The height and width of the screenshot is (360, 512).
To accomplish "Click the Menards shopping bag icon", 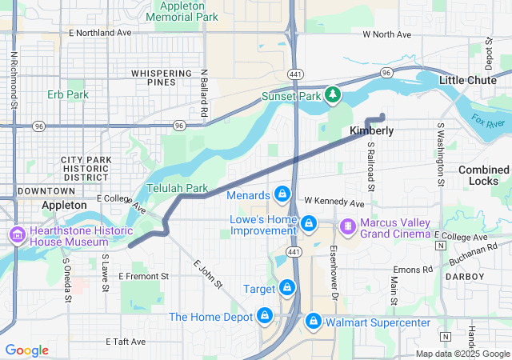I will pyautogui.click(x=282, y=194).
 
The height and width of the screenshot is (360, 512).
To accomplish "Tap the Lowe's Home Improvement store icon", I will pyautogui.click(x=308, y=223).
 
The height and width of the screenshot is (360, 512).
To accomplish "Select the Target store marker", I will pyautogui.click(x=286, y=288).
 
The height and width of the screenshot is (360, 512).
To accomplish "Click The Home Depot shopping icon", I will pyautogui.click(x=263, y=317).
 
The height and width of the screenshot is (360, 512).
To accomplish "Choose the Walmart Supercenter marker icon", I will pyautogui.click(x=313, y=322).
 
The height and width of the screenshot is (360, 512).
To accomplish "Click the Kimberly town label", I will pyautogui.click(x=371, y=130).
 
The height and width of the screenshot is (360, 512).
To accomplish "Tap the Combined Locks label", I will pyautogui.click(x=483, y=175).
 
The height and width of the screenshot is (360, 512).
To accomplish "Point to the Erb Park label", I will pyautogui.click(x=67, y=95).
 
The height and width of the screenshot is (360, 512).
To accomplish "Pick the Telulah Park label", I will pyautogui.click(x=177, y=188).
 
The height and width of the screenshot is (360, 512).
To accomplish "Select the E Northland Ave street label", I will pyautogui.click(x=100, y=33).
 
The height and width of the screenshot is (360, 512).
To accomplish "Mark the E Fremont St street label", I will pyautogui.click(x=144, y=276).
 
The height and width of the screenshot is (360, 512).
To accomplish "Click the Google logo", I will pyautogui.click(x=26, y=350).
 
